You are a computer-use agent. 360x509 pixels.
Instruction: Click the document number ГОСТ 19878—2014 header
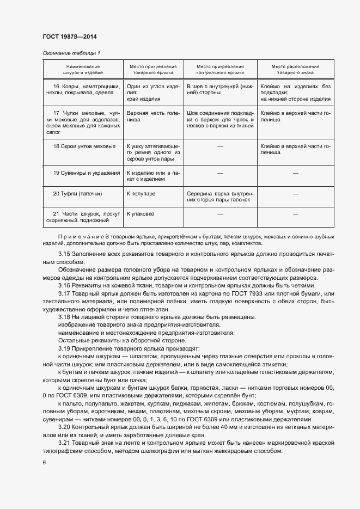pos(70,36)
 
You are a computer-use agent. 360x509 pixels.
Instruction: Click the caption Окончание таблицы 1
pos(71,53)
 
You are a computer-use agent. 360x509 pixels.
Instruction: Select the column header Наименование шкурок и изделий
pos(83,69)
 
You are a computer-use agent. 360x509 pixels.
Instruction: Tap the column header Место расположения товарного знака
pos(295,69)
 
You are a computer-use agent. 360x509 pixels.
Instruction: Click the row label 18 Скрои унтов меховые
pos(84,146)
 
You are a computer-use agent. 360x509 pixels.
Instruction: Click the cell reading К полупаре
pos(141,193)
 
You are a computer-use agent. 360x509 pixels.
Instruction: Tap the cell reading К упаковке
pos(141,214)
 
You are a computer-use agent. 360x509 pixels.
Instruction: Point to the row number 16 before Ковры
pos(56,86)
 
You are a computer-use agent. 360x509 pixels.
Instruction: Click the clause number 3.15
pos(64,254)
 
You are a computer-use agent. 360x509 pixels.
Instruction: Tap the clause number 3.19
pos(64,348)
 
